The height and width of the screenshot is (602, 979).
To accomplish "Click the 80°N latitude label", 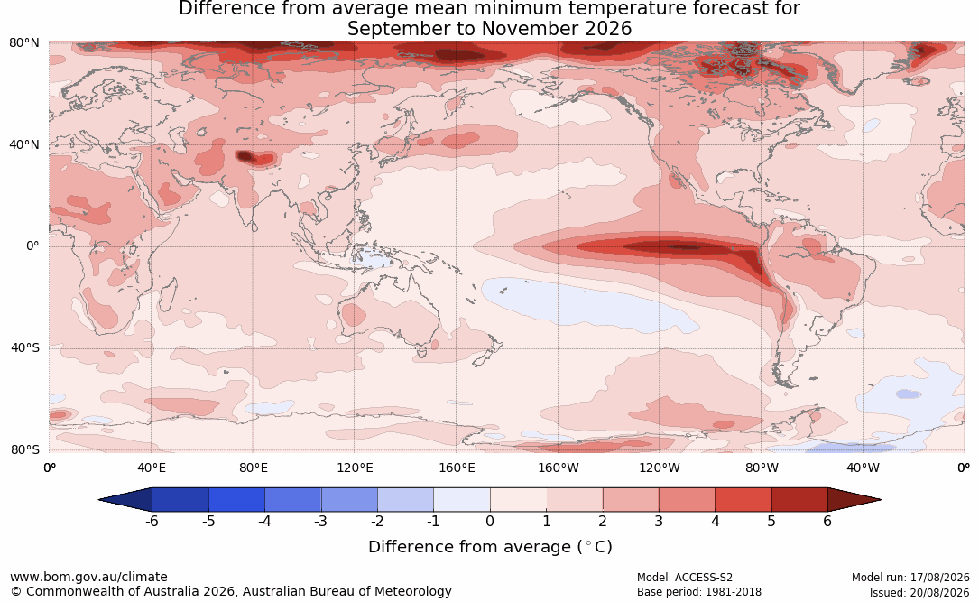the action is pyautogui.click(x=23, y=43).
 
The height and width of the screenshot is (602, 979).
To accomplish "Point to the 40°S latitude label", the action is pyautogui.click(x=25, y=347).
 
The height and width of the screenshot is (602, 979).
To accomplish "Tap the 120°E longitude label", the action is pyautogui.click(x=356, y=468).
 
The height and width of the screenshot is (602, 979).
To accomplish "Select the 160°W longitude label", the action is pyautogui.click(x=559, y=468).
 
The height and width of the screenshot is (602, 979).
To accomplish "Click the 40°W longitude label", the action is pyautogui.click(x=864, y=468).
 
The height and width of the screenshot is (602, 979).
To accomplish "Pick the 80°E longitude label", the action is pyautogui.click(x=254, y=468).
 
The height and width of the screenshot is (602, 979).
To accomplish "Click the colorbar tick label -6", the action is pyautogui.click(x=151, y=521).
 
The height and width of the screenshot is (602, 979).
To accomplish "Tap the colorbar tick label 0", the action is pyautogui.click(x=490, y=521).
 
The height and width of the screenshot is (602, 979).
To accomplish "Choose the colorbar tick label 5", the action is pyautogui.click(x=771, y=521).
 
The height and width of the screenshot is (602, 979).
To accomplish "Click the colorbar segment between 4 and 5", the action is pyautogui.click(x=743, y=500).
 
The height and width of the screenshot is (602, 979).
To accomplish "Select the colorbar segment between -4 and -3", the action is pyautogui.click(x=293, y=500).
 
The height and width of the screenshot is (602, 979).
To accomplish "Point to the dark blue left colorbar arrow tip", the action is pyautogui.click(x=99, y=500).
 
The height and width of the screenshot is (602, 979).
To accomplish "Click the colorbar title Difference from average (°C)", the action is pyautogui.click(x=490, y=547).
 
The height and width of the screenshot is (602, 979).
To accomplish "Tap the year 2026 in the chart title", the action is pyautogui.click(x=608, y=29).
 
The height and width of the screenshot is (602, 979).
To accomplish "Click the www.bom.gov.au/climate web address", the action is pyautogui.click(x=88, y=577).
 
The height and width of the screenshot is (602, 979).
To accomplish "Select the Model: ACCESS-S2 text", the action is pyautogui.click(x=684, y=578).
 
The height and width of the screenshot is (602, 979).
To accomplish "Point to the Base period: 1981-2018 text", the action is pyautogui.click(x=699, y=592).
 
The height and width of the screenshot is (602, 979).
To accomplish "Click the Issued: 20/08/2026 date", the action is pyautogui.click(x=919, y=592).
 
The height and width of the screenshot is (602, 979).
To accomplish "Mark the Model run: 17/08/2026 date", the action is pyautogui.click(x=910, y=578).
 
